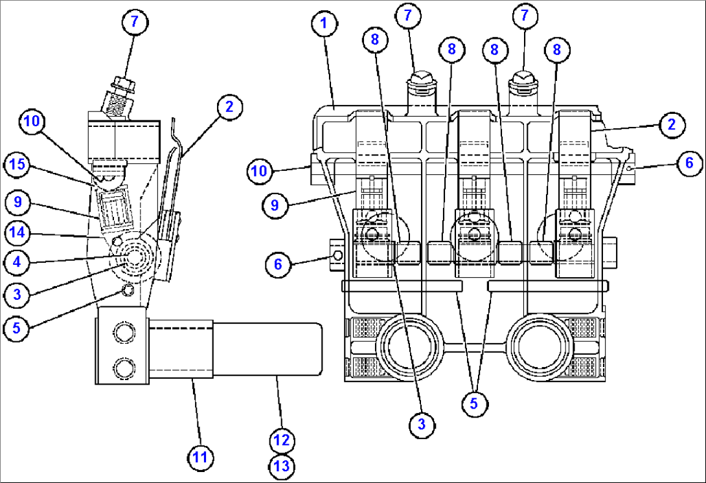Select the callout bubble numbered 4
click(17, 262)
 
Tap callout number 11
click(201, 458)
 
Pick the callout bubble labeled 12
click(282, 441)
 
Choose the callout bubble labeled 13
click(282, 467)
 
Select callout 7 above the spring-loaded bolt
click(134, 21)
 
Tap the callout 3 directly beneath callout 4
click(17, 295)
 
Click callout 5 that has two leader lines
click(474, 403)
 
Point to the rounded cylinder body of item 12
click(267, 349)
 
